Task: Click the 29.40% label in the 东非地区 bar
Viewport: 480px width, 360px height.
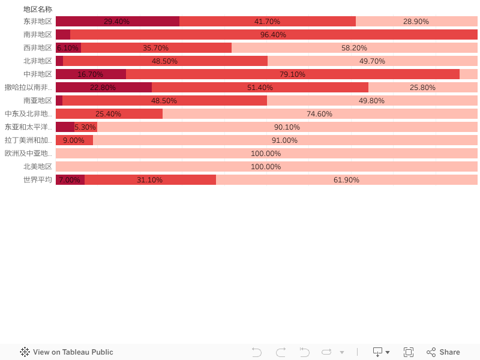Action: click(116, 22)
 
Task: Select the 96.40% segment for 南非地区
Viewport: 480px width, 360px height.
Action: click(273, 35)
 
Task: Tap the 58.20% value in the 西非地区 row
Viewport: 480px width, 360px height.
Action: click(354, 48)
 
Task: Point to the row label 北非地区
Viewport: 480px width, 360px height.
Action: click(38, 61)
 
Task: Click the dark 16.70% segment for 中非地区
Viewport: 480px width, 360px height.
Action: click(91, 74)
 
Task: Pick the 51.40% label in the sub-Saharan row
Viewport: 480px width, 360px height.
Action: click(260, 88)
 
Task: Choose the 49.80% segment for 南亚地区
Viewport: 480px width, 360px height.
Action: click(371, 101)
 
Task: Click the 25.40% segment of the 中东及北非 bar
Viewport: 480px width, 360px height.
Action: click(109, 114)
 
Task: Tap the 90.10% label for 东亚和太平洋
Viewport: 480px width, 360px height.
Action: click(287, 127)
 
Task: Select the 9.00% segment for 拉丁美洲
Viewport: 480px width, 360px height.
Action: click(74, 140)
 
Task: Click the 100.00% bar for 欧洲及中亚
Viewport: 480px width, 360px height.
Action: click(266, 154)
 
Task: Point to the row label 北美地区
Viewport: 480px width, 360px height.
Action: click(38, 167)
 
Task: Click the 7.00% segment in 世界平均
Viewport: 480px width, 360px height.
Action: click(70, 180)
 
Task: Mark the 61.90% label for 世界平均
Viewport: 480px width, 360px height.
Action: click(346, 180)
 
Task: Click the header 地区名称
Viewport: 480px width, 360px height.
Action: click(38, 10)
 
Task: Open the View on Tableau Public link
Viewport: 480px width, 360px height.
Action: click(67, 352)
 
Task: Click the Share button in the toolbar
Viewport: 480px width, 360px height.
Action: click(443, 352)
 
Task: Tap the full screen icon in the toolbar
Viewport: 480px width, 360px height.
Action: click(409, 352)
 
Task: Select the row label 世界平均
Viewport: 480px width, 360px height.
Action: click(38, 180)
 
